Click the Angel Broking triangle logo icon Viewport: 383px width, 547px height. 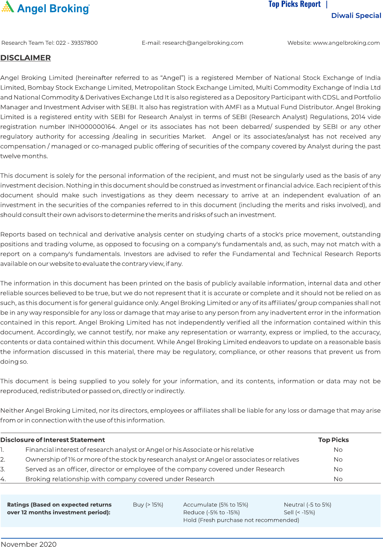pos(8,7)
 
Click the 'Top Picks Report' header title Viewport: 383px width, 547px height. pos(294,4)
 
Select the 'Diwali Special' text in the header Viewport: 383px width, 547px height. pos(356,16)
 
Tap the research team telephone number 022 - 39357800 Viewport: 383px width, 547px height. pos(77,43)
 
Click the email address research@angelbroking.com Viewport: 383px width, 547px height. pos(203,43)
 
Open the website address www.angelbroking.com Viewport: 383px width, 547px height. pos(346,43)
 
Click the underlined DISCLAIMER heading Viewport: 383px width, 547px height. pos(26,58)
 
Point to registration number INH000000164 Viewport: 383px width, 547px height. pos(92,127)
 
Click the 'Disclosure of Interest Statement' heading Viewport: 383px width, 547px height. pos(52,440)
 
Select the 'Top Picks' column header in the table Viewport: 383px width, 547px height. pos(333,440)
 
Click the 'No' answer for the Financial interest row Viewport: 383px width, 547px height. pos(338,450)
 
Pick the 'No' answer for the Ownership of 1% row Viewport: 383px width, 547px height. pos(338,460)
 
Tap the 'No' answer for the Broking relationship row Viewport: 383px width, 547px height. pos(338,479)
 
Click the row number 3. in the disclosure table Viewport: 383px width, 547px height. pos(3,469)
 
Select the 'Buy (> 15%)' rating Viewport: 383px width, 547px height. pos(148,505)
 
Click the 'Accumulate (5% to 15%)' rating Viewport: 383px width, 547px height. pos(216,505)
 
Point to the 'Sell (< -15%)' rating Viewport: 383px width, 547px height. pos(299,512)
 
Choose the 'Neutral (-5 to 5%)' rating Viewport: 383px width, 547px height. pos(307,505)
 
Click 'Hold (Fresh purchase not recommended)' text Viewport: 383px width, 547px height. pos(241,520)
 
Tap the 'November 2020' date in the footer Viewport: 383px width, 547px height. pos(29,544)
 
